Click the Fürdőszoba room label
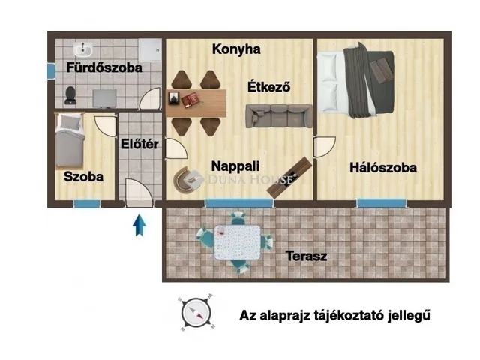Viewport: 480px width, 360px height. (x=104, y=67)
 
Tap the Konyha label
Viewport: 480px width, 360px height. (x=236, y=49)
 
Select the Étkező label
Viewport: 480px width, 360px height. (x=269, y=87)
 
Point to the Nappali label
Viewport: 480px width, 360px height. (x=235, y=166)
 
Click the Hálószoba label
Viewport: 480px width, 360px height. (x=383, y=168)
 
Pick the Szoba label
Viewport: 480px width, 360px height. (x=83, y=178)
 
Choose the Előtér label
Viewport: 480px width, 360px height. (x=140, y=144)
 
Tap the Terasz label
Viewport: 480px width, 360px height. (x=306, y=256)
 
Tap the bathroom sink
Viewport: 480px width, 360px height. (x=82, y=50)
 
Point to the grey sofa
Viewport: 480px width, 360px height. (x=278, y=115)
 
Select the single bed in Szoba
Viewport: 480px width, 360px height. (x=70, y=140)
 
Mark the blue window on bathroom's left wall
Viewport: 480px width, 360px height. (x=50, y=70)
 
